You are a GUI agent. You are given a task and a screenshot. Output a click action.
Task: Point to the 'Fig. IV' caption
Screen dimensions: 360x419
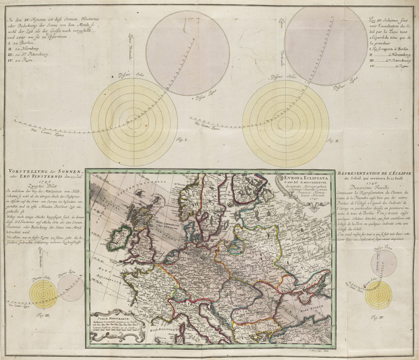376,315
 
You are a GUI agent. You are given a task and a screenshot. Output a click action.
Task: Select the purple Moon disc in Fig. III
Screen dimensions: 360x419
69,287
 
